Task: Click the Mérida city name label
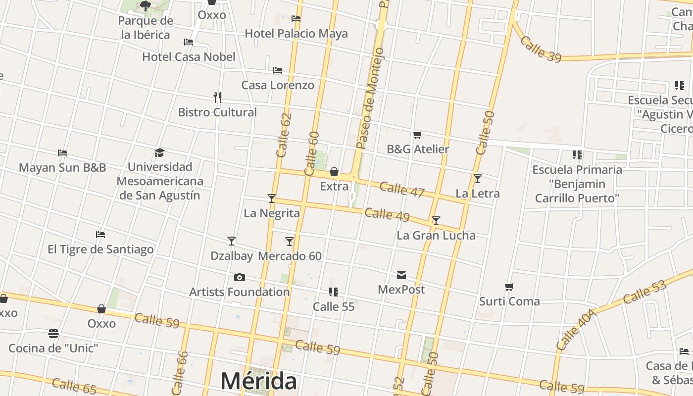pyautogui.click(x=258, y=381)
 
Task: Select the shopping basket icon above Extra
pyautogui.click(x=334, y=172)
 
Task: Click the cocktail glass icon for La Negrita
pyautogui.click(x=271, y=198)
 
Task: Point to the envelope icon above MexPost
pyautogui.click(x=401, y=275)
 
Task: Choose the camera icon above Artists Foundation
pyautogui.click(x=240, y=277)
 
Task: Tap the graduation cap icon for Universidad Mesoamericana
pyautogui.click(x=159, y=152)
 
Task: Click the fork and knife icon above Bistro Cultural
pyautogui.click(x=217, y=97)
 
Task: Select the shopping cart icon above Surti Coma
pyautogui.click(x=509, y=287)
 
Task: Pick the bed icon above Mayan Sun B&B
pyautogui.click(x=62, y=153)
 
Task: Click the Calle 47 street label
pyautogui.click(x=401, y=189)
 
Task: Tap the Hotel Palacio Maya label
pyautogui.click(x=296, y=34)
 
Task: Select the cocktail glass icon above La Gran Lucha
pyautogui.click(x=436, y=221)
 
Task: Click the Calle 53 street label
pyautogui.click(x=644, y=292)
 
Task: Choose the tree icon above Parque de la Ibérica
pyautogui.click(x=145, y=6)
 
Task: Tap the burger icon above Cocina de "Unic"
pyautogui.click(x=53, y=334)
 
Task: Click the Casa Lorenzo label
pyautogui.click(x=277, y=85)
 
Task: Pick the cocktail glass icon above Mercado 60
pyautogui.click(x=290, y=242)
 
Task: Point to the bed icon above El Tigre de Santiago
pyautogui.click(x=100, y=235)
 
